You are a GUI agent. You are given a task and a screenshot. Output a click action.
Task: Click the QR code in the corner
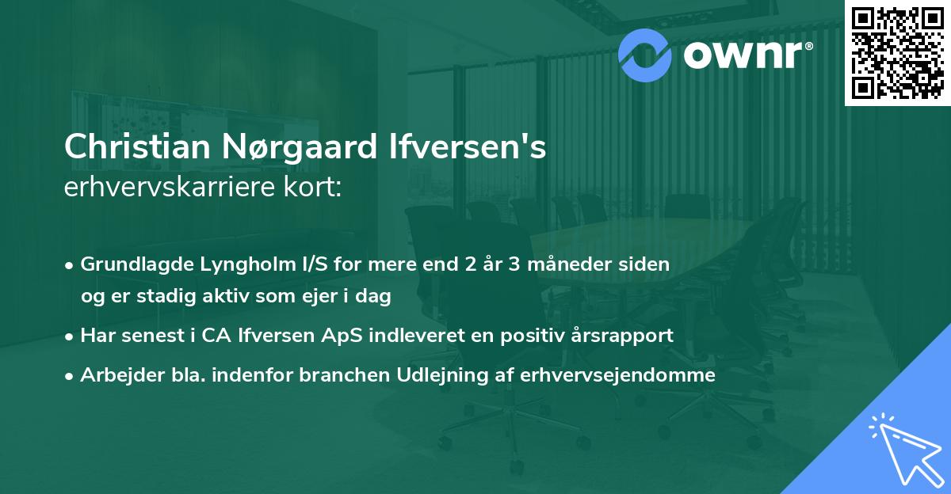point(896,52)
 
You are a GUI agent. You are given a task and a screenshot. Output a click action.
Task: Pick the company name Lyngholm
point(231,264)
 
